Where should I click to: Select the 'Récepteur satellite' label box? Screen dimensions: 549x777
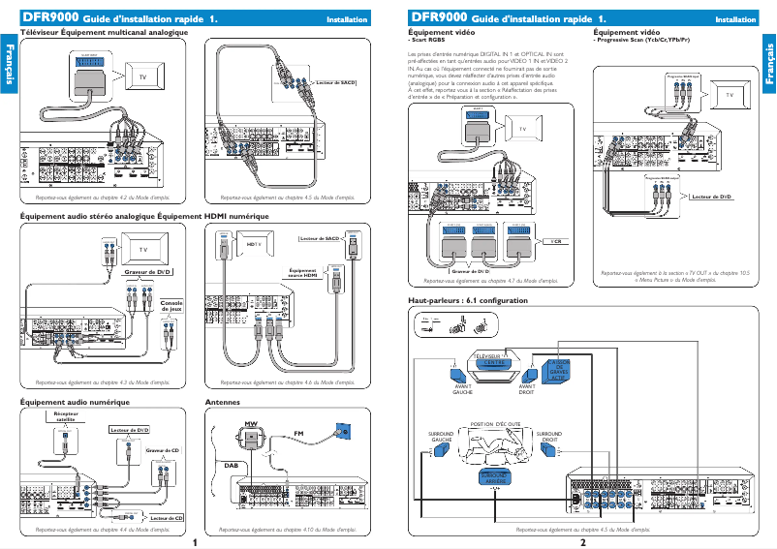click(x=65, y=416)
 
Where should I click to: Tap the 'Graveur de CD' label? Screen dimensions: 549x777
click(x=162, y=450)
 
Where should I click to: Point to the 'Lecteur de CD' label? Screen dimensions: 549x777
click(x=166, y=518)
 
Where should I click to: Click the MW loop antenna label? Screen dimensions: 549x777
click(x=250, y=425)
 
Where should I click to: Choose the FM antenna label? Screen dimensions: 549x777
click(x=299, y=432)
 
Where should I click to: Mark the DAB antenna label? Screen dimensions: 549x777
click(x=231, y=465)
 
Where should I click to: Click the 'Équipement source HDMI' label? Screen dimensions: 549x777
click(x=303, y=273)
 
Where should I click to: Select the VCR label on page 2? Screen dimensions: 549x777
click(x=556, y=240)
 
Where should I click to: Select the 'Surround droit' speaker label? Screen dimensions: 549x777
click(x=549, y=437)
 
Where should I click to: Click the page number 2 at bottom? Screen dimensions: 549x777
click(x=582, y=542)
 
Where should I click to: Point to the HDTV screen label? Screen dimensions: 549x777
click(x=256, y=245)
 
